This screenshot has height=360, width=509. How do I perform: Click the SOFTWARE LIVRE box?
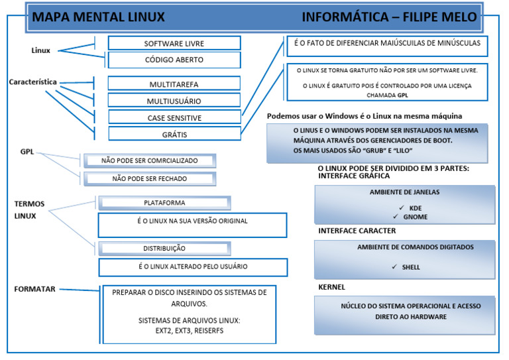[x=174, y=43]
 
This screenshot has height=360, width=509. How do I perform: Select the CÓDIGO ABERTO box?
[x=174, y=60]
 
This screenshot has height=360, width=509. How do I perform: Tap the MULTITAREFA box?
[x=174, y=84]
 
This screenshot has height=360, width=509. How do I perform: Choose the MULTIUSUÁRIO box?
[x=174, y=101]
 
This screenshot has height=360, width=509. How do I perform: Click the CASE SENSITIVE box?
[x=174, y=117]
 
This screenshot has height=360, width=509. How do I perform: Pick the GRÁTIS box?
[x=174, y=134]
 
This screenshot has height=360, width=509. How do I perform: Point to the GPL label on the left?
[x=27, y=152]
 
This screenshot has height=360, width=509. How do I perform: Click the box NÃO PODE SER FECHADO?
[x=148, y=178]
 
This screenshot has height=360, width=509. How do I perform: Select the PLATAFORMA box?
[x=164, y=203]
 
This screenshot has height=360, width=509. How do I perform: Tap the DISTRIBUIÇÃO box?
[x=164, y=248]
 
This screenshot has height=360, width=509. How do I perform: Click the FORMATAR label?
[x=34, y=289]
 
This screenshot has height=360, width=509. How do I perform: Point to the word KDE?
[x=416, y=208]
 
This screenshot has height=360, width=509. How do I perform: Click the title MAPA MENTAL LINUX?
[x=99, y=17]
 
